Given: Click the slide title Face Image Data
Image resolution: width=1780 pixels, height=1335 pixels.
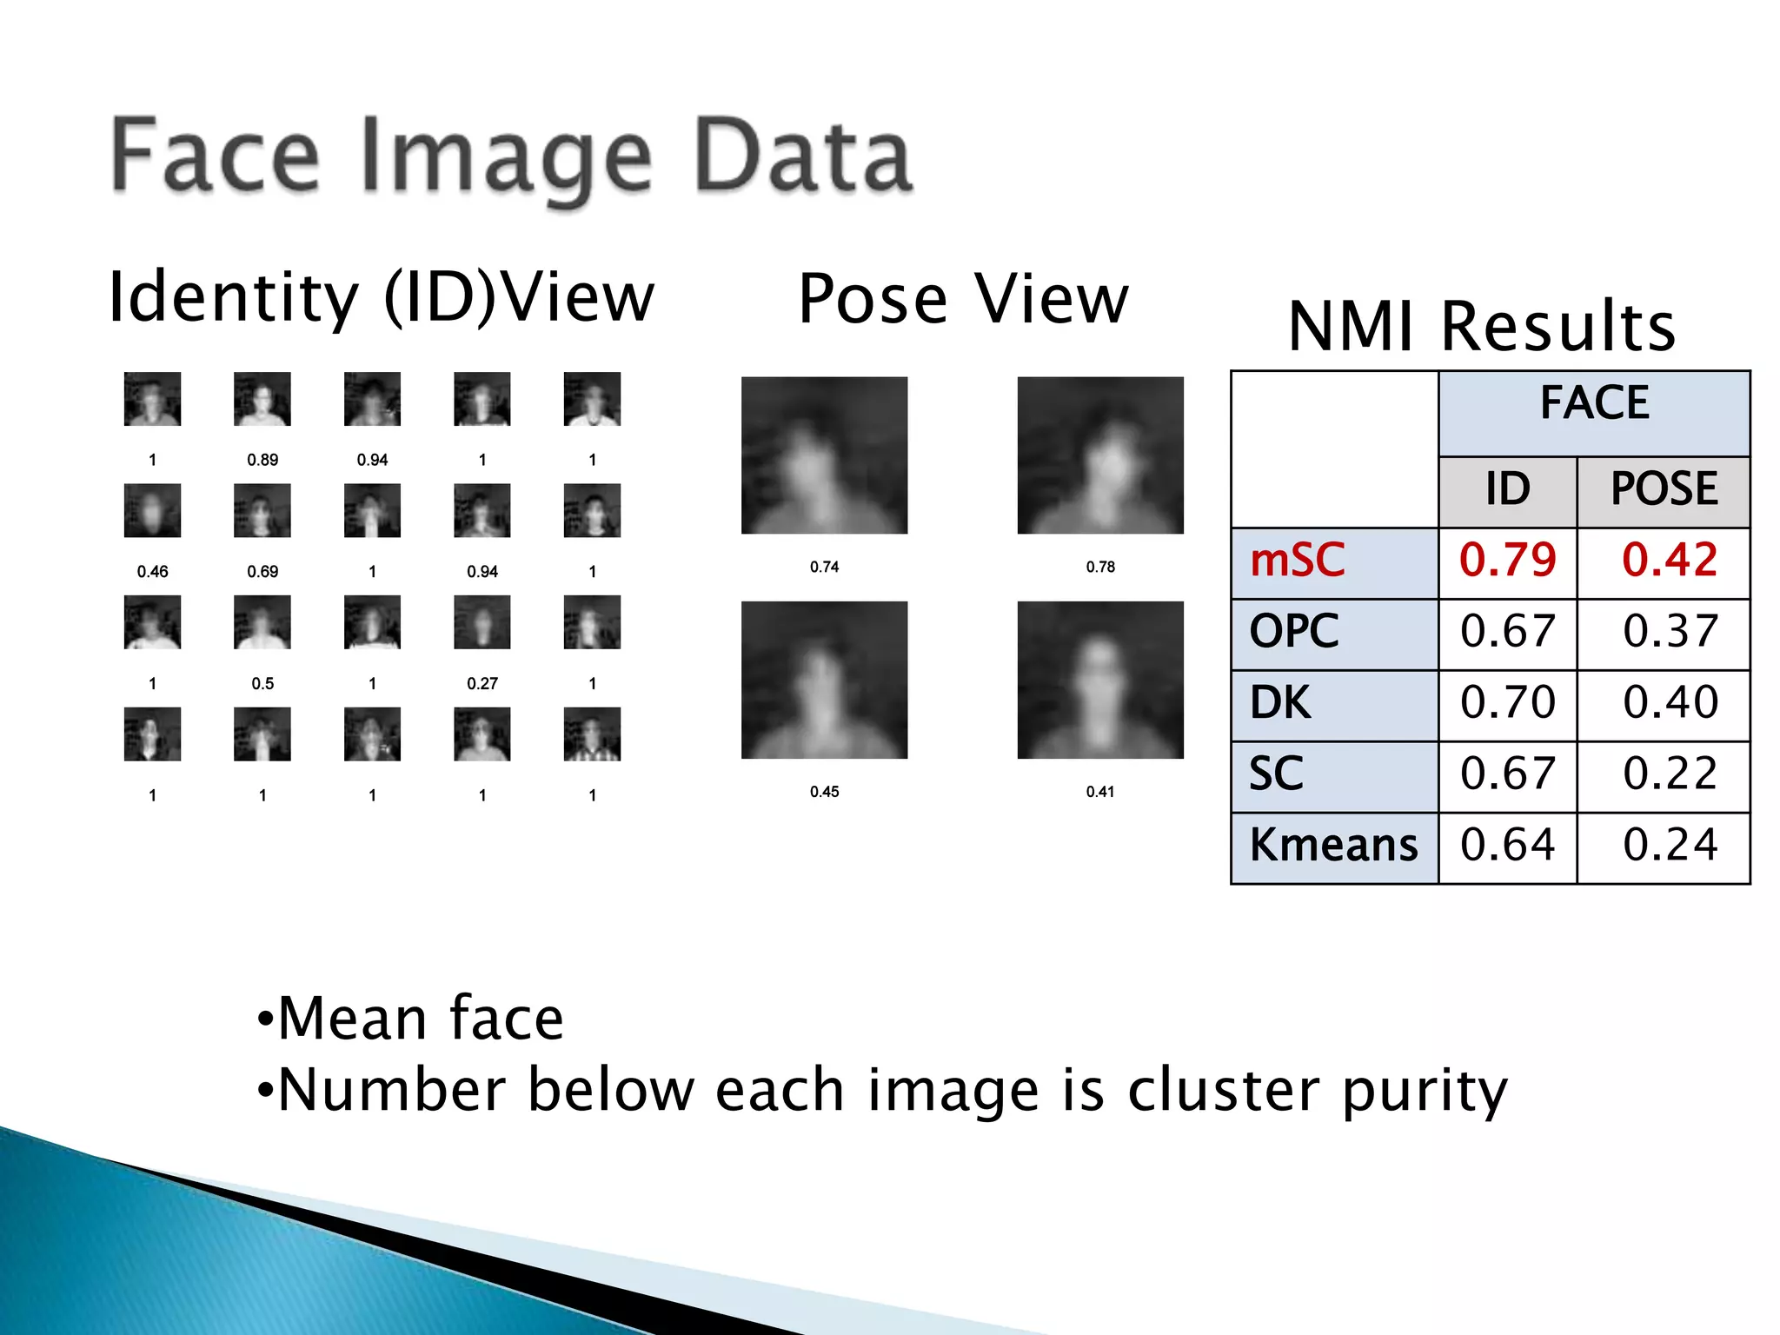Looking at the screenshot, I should point(511,157).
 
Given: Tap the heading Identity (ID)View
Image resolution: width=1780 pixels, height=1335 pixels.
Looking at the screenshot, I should point(381,297).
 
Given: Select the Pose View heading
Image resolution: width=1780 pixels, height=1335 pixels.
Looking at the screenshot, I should point(963,299).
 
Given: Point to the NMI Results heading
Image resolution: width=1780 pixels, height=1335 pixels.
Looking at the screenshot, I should point(1481,327).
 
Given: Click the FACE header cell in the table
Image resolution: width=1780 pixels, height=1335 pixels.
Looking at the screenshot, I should point(1594,403).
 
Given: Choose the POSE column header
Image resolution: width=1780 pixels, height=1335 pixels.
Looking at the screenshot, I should point(1664,488).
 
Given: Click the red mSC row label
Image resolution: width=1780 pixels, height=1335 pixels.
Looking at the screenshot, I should point(1297,561).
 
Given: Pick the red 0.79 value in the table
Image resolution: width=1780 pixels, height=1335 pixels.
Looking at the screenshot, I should point(1507,561).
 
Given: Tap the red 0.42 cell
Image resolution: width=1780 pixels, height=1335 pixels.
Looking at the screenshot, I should point(1670,561).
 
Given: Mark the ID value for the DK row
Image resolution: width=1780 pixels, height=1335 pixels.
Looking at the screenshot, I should point(1507,703).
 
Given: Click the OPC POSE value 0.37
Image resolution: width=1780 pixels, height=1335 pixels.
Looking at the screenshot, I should point(1670,632).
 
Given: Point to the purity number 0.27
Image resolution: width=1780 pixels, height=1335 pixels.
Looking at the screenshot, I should point(482,684).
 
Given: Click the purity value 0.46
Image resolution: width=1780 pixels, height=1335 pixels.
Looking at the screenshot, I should point(152,572).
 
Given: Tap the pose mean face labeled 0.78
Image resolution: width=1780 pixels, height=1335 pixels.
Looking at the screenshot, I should point(1100,455).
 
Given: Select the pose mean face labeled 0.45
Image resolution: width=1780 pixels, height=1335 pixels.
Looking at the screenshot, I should point(824,680).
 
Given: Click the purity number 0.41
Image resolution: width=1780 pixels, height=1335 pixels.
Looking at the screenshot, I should point(1099,792).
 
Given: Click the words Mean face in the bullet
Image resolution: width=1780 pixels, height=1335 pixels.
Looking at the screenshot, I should point(421,1018).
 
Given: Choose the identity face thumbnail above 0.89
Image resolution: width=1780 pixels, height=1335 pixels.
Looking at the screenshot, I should point(262,399).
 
